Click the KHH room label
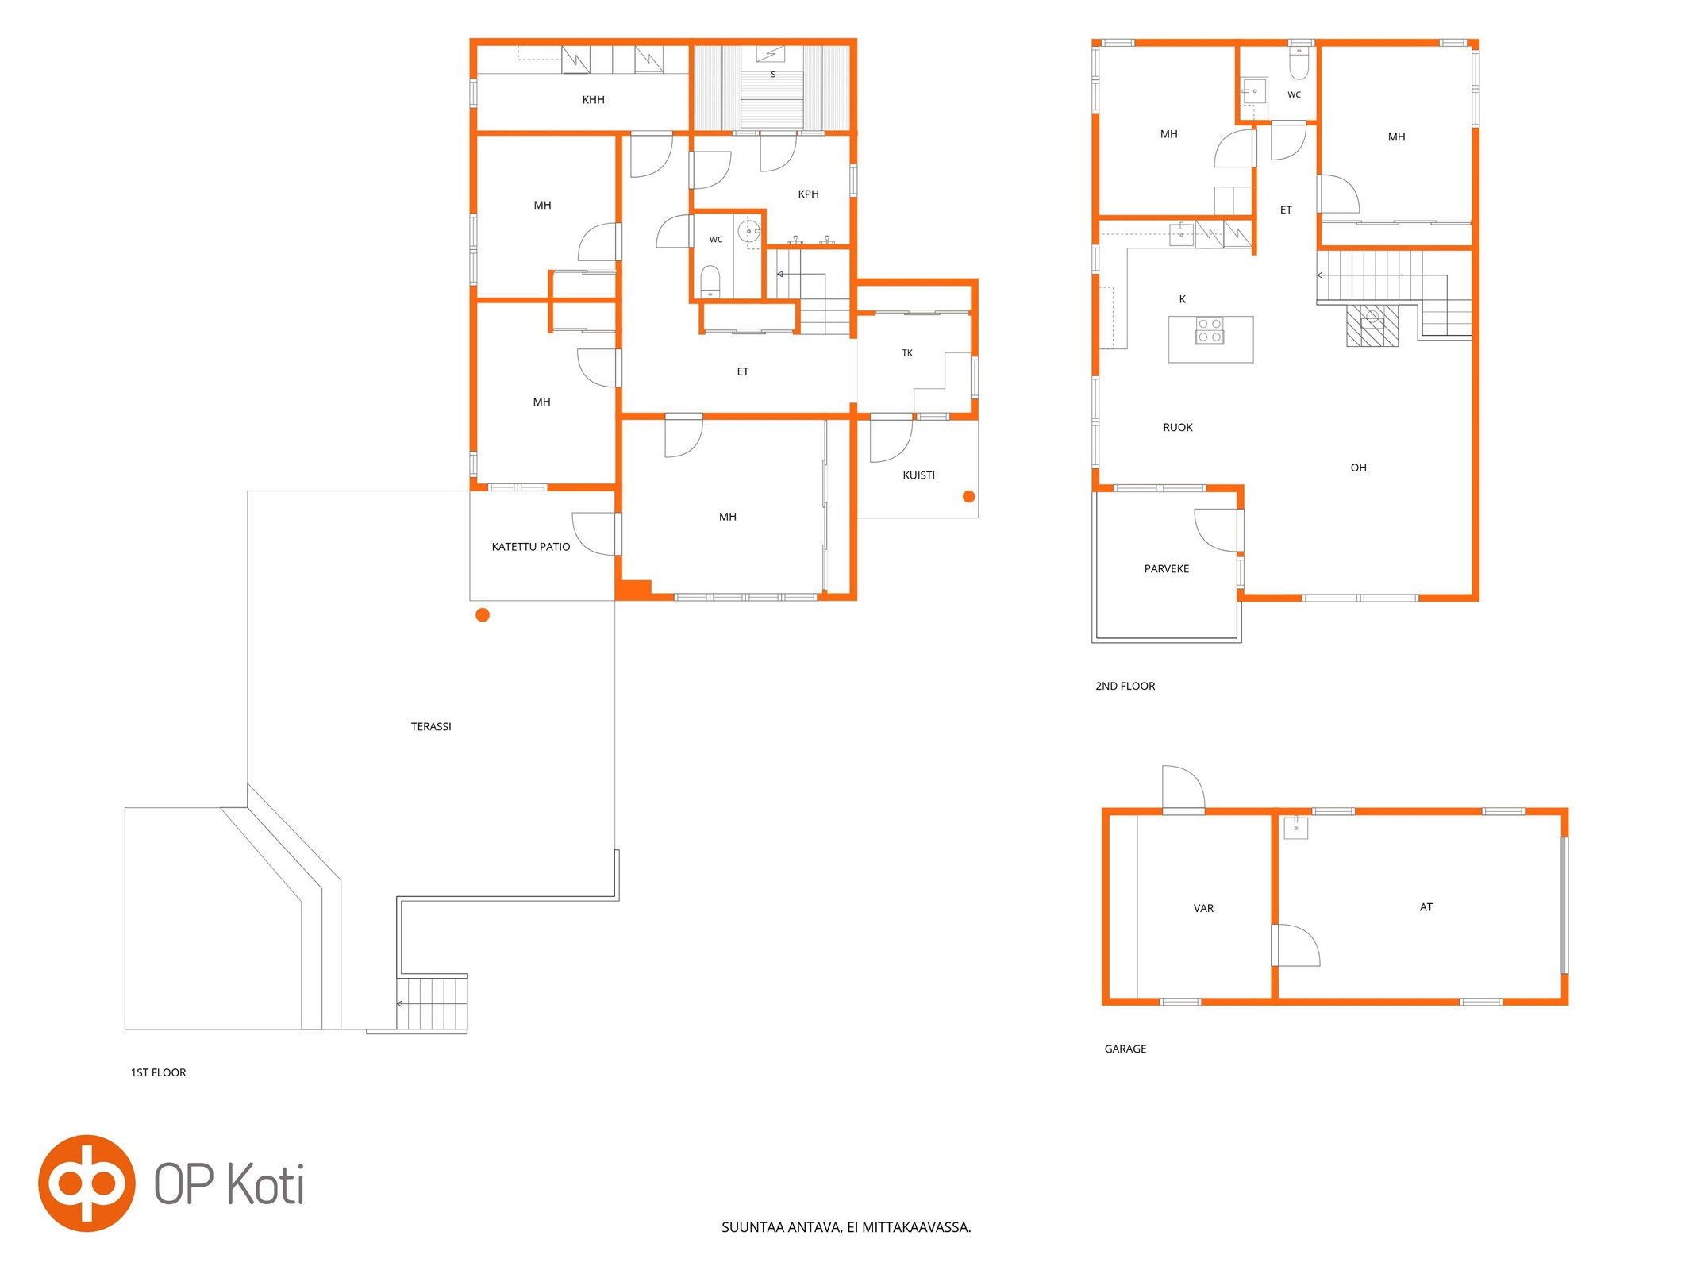[593, 100]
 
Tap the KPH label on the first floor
[808, 194]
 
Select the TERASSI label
[431, 727]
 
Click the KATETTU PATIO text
[531, 547]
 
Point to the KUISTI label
[918, 475]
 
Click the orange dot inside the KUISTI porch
[968, 497]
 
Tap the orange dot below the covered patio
[483, 615]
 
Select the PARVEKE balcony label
[1167, 569]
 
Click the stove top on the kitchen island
[1210, 330]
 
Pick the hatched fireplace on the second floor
[1372, 325]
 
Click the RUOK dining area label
[1178, 428]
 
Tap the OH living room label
[1359, 468]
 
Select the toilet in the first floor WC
[710, 282]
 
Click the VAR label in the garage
[1203, 909]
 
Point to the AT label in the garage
[1426, 907]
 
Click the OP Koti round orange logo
[87, 1183]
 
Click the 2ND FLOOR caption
[1125, 687]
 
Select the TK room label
[907, 353]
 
